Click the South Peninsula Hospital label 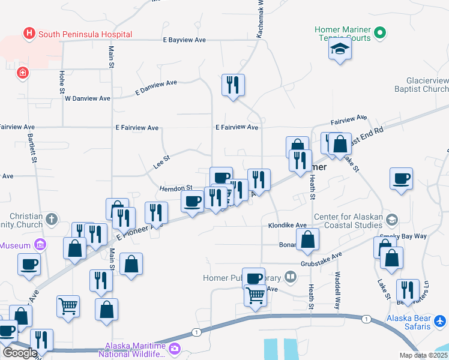(x=76, y=34)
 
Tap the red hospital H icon (x=28, y=34)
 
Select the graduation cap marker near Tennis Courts (x=340, y=50)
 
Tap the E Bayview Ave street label (x=184, y=40)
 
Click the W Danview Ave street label (x=88, y=98)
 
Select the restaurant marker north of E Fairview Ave (x=233, y=85)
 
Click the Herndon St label (x=175, y=188)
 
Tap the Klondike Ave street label (x=291, y=226)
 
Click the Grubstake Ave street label (x=321, y=259)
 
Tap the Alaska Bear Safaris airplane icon (x=440, y=321)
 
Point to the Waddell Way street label (x=338, y=290)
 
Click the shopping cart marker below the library (x=256, y=296)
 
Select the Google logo (x=20, y=353)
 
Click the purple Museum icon (x=40, y=245)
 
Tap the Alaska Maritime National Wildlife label (x=135, y=350)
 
